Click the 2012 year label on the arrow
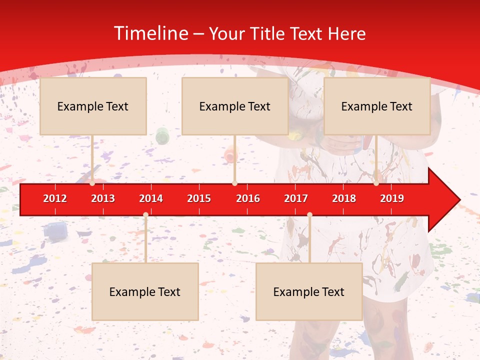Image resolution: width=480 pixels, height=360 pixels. pyautogui.click(x=55, y=198)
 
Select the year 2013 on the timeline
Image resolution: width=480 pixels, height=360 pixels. pyautogui.click(x=103, y=198)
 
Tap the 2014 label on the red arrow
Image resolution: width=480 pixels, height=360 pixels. pyautogui.click(x=151, y=198)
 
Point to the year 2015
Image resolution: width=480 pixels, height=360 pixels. pyautogui.click(x=199, y=198)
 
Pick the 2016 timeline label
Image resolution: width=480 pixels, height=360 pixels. pyautogui.click(x=248, y=198)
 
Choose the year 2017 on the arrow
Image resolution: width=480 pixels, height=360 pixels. pyautogui.click(x=296, y=198)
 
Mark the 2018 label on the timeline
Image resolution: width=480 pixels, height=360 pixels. pyautogui.click(x=344, y=198)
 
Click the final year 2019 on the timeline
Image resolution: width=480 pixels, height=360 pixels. pyautogui.click(x=392, y=198)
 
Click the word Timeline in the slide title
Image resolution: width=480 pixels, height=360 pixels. pyautogui.click(x=151, y=33)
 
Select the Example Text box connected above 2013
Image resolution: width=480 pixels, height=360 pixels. pyautogui.click(x=93, y=106)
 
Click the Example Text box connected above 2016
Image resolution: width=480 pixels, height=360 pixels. pyautogui.click(x=235, y=106)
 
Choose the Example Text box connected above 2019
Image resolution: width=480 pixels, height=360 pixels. pyautogui.click(x=377, y=106)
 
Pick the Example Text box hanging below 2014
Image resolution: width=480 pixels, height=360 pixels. pyautogui.click(x=145, y=291)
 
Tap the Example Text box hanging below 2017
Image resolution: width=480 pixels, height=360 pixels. pyautogui.click(x=309, y=291)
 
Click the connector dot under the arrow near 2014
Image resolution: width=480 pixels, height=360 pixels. pyautogui.click(x=145, y=214)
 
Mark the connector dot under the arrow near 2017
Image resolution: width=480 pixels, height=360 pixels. pyautogui.click(x=309, y=214)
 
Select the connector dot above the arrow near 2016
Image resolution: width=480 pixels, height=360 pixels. pyautogui.click(x=234, y=183)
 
